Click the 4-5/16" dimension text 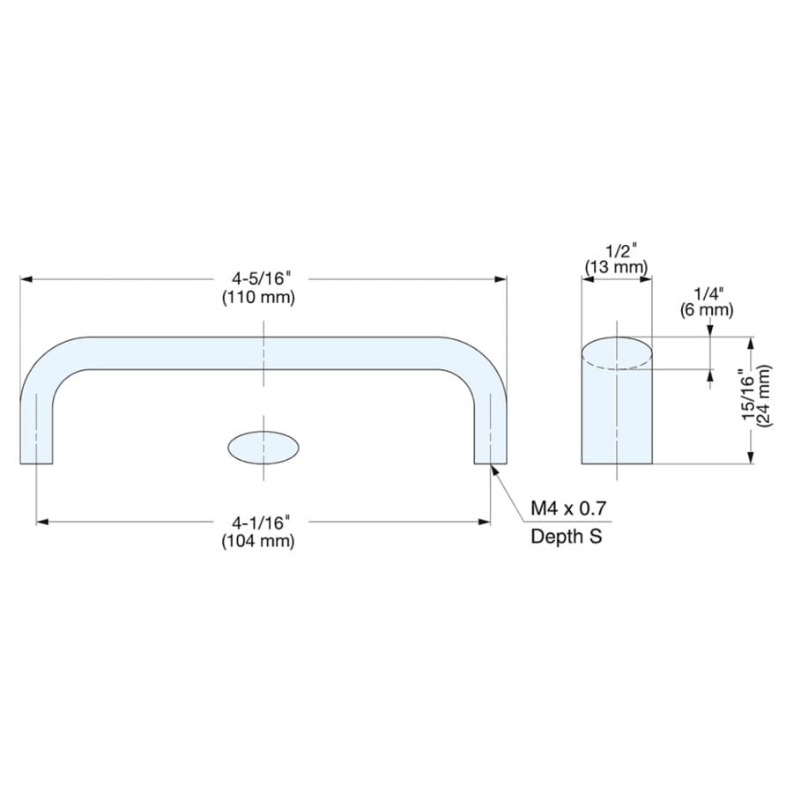(x=262, y=278)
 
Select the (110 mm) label (x=258, y=297)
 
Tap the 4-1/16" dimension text (x=261, y=522)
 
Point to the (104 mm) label (x=258, y=541)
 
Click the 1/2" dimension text (x=621, y=250)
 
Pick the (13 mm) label (x=617, y=266)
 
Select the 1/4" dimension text (x=708, y=293)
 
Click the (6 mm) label (x=707, y=309)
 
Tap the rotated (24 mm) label (x=764, y=396)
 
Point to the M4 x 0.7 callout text (x=568, y=508)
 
